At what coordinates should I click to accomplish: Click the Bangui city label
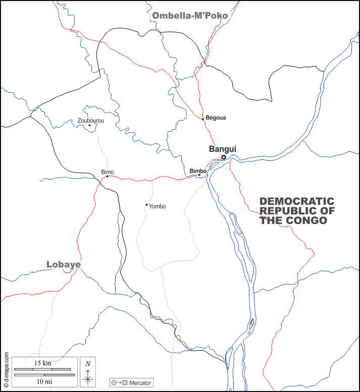222,149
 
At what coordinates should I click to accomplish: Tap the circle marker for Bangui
224,157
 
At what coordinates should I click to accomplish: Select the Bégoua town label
216,118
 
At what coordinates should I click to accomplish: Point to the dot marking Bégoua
203,119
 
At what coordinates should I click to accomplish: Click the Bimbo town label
197,171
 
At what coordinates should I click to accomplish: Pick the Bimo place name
108,172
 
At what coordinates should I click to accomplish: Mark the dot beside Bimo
107,176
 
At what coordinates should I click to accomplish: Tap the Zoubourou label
91,121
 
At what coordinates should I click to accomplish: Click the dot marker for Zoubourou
89,125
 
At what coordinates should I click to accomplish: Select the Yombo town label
157,206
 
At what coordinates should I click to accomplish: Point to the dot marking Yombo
146,205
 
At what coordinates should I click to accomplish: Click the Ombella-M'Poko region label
190,16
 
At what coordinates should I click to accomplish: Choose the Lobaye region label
64,264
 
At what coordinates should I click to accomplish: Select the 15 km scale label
43,363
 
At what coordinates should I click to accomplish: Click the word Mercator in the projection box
140,383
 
